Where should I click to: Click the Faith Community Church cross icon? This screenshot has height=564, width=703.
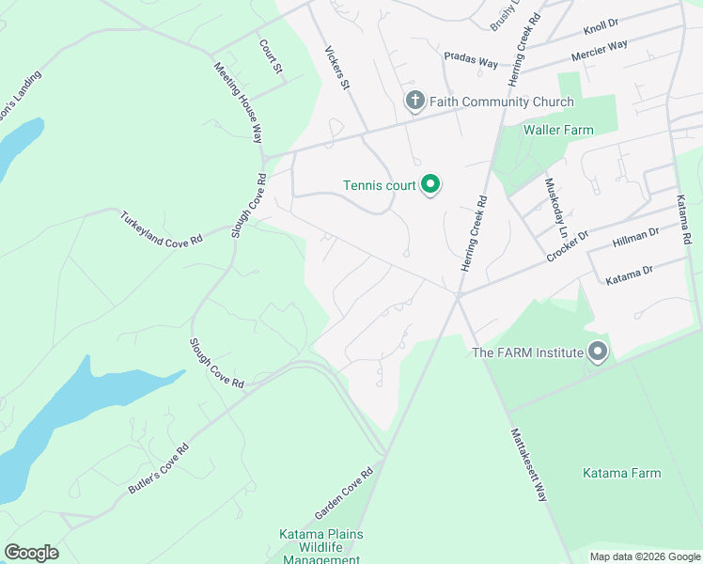pyautogui.click(x=414, y=101)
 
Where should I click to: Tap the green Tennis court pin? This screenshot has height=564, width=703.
pyautogui.click(x=430, y=184)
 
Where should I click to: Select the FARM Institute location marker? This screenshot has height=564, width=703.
pyautogui.click(x=598, y=352)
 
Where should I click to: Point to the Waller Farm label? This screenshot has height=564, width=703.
pyautogui.click(x=558, y=130)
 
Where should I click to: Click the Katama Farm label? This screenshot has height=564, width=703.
pyautogui.click(x=621, y=473)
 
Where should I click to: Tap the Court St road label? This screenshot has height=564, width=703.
pyautogui.click(x=271, y=56)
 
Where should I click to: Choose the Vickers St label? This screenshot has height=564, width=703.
pyautogui.click(x=337, y=68)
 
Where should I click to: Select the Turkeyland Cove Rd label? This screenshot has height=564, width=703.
pyautogui.click(x=161, y=228)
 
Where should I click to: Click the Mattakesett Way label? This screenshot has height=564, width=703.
pyautogui.click(x=529, y=464)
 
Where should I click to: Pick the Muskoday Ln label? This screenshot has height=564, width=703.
pyautogui.click(x=557, y=206)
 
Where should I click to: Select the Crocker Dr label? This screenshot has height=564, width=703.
pyautogui.click(x=568, y=246)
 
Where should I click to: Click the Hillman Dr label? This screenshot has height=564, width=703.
pyautogui.click(x=637, y=241)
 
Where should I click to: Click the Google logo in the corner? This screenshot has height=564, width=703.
pyautogui.click(x=31, y=553)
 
